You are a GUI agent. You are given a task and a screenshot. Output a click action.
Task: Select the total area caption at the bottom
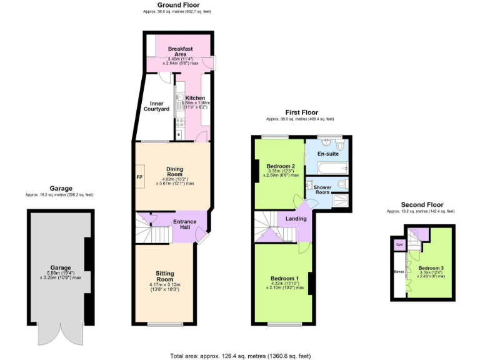point(240,356)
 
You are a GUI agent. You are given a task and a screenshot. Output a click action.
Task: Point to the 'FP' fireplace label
point(139,177)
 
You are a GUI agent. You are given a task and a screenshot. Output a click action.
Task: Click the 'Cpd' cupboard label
point(399,244)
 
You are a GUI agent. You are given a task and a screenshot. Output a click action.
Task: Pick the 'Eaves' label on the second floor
point(399,272)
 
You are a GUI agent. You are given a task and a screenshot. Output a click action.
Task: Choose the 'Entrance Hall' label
point(185,224)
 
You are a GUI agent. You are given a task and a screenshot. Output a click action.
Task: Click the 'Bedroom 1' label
point(284,278)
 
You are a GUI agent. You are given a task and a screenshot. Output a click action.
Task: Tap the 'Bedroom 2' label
point(279,166)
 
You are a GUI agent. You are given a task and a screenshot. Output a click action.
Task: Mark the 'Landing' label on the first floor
point(295,218)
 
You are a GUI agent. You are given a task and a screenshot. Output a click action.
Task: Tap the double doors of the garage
point(60,334)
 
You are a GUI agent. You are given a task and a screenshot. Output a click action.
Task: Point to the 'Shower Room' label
point(322,190)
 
